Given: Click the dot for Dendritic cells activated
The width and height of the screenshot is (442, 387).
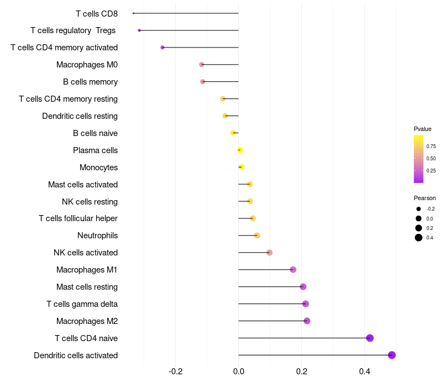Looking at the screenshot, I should (392, 355).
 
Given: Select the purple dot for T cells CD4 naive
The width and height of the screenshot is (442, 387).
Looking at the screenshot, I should (370, 338).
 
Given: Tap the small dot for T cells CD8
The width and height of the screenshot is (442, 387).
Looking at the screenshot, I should (134, 13).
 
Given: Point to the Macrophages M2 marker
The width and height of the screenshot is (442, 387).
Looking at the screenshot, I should (307, 321).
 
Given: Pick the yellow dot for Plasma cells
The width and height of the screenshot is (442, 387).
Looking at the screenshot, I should (240, 150).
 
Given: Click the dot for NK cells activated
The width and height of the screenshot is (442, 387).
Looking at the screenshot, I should (270, 253).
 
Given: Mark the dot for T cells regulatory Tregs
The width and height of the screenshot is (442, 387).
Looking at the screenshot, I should (139, 30).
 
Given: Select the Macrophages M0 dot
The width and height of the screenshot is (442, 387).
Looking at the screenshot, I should (202, 65).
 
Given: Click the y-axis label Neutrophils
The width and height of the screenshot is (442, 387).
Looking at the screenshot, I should (97, 236).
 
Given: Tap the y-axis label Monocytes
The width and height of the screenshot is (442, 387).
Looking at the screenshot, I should (98, 167).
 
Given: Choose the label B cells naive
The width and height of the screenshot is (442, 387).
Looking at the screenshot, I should (95, 133).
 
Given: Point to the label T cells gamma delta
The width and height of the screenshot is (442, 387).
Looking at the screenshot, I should (82, 304).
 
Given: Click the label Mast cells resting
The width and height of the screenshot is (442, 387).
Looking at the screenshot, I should (87, 287).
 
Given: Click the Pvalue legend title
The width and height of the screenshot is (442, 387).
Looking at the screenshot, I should (423, 129).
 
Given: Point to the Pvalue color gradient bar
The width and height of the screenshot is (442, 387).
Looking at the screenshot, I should (419, 159).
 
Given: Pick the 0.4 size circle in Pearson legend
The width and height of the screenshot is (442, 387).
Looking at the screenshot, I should (419, 238).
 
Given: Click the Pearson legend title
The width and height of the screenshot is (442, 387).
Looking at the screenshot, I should (425, 198).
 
